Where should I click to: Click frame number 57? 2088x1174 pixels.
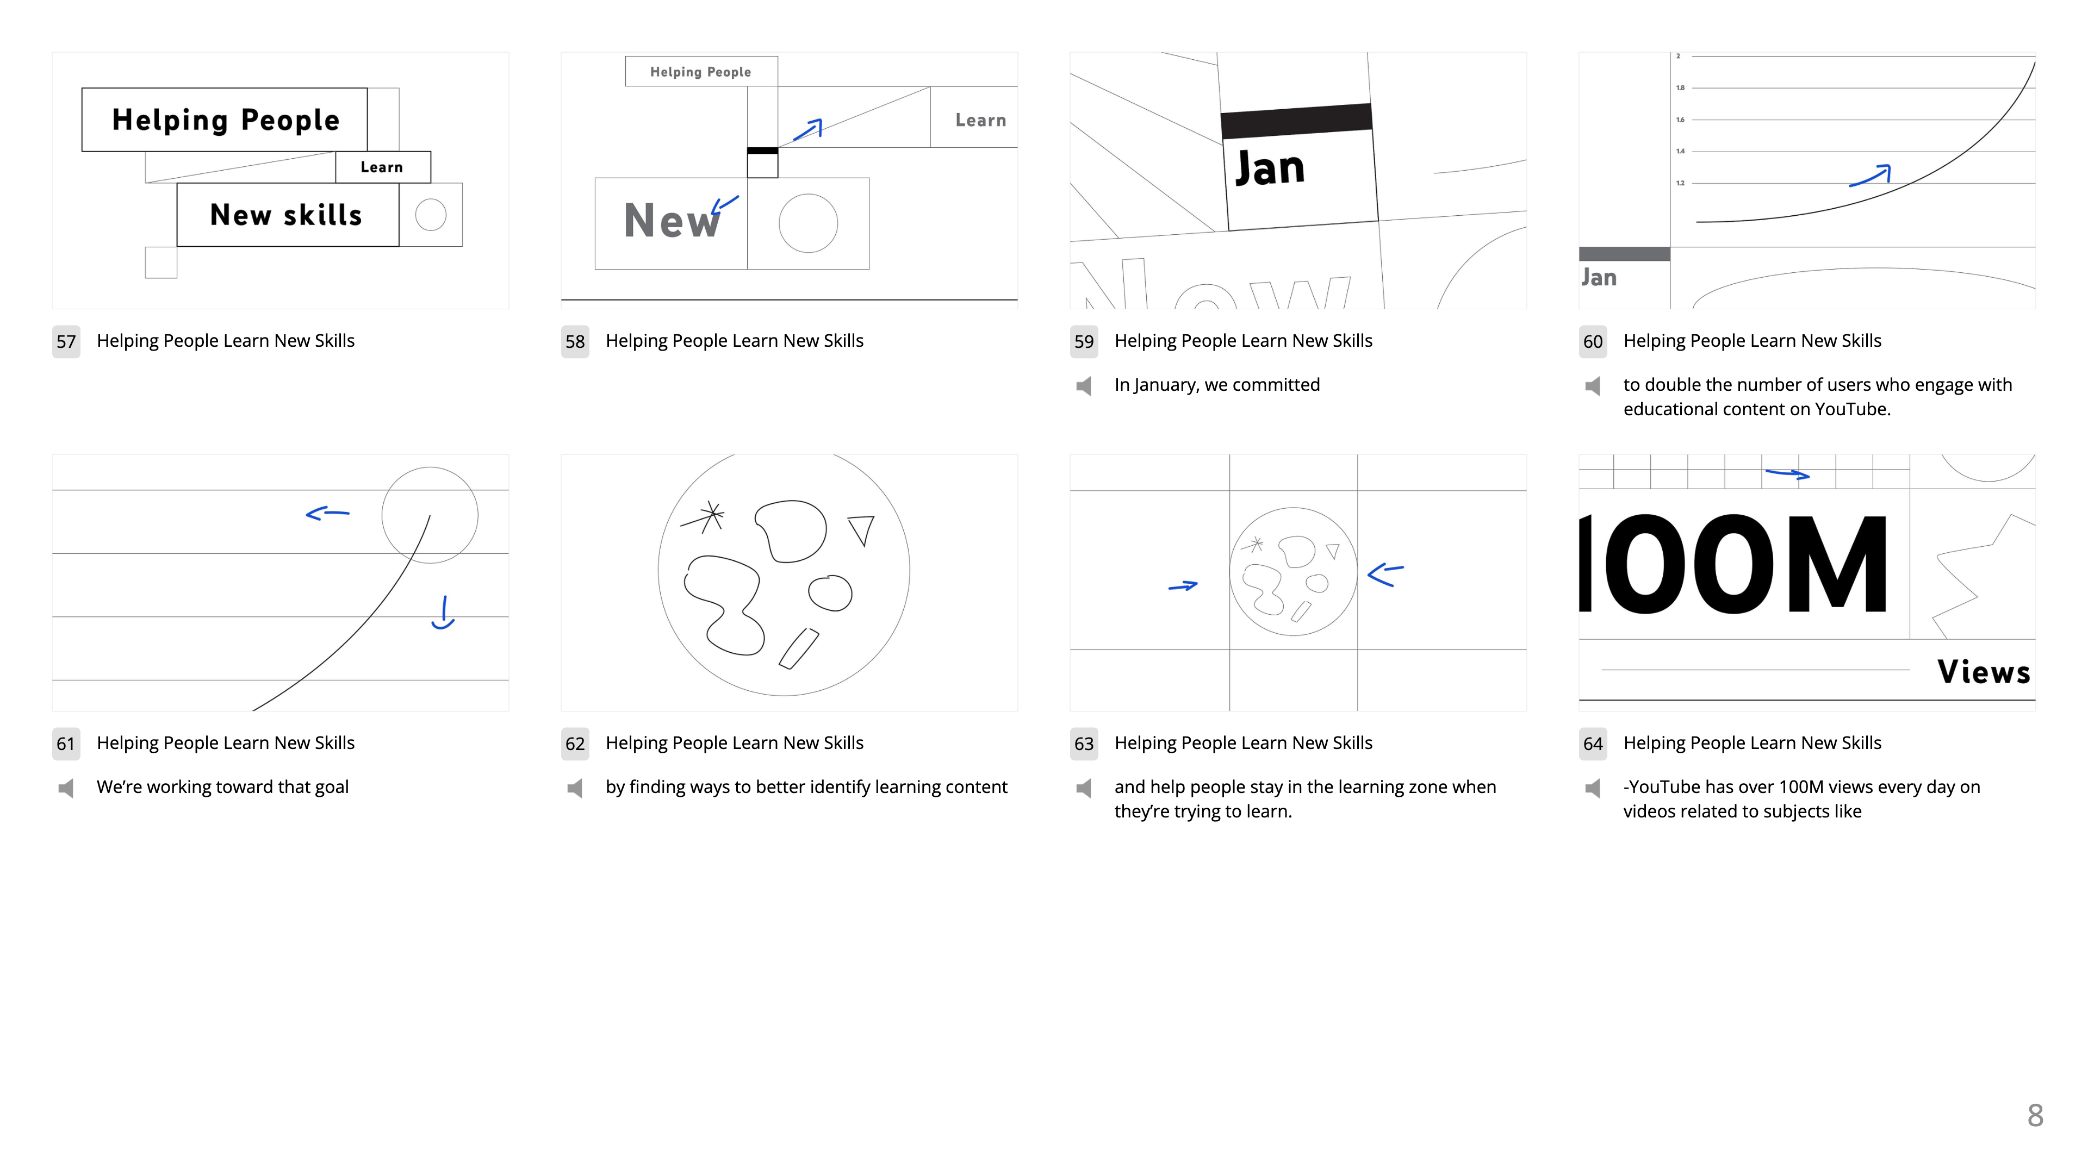[x=66, y=341]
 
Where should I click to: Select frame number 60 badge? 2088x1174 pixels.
[x=1593, y=341]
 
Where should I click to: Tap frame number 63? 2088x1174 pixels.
[x=1084, y=744]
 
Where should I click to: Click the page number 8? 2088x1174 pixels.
[x=2035, y=1116]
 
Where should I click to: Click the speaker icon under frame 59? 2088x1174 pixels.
[x=1084, y=386]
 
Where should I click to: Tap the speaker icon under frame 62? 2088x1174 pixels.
[x=575, y=788]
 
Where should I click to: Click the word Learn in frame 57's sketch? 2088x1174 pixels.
[x=382, y=167]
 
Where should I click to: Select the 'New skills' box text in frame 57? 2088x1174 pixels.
[x=286, y=215]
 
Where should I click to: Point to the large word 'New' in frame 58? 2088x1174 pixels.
[x=671, y=220]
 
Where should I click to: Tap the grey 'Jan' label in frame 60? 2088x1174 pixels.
[x=1599, y=278]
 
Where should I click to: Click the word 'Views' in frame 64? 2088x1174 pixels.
[x=1984, y=672]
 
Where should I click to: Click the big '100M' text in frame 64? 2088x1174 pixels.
[x=1734, y=564]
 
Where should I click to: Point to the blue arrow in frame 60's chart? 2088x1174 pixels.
[x=1870, y=176]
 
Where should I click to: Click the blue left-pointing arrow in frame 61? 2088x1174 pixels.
[x=327, y=513]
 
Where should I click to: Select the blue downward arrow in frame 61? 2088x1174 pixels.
[x=443, y=613]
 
